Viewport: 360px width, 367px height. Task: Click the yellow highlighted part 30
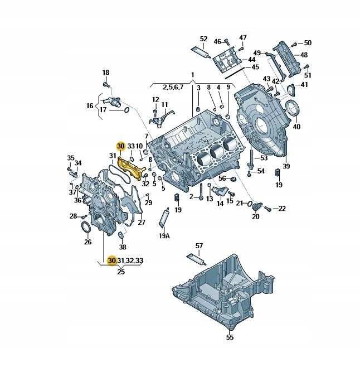click(131, 168)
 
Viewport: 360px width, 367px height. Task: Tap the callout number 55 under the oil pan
click(230, 337)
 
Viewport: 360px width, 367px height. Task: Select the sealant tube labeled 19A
click(164, 218)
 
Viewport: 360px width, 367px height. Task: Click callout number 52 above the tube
click(204, 38)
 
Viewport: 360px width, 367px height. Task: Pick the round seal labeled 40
click(294, 107)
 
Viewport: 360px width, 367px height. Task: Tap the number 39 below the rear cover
click(286, 166)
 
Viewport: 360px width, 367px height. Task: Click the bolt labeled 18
click(106, 84)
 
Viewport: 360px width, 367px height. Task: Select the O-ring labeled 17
click(126, 110)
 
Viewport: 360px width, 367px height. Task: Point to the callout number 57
click(199, 246)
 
